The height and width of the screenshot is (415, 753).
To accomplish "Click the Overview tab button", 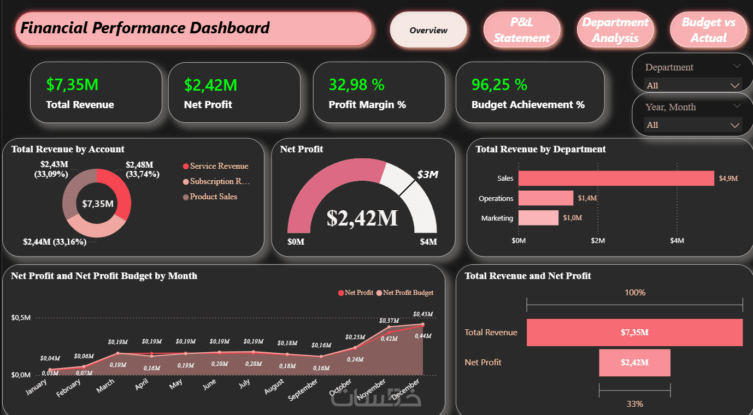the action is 428,29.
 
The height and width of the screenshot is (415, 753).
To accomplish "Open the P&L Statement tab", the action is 522,29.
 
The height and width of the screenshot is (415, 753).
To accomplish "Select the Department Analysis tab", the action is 615,29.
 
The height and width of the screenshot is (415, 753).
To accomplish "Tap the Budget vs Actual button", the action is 708,29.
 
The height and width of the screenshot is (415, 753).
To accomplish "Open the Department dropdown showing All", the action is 693,85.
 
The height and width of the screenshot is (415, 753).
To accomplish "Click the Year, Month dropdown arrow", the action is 735,125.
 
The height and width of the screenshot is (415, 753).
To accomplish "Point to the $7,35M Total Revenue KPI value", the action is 72,84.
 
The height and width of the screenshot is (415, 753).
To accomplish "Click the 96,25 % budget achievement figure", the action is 499,84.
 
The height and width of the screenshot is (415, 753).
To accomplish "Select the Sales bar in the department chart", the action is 616,178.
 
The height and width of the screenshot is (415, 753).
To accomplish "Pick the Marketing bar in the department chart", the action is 538,218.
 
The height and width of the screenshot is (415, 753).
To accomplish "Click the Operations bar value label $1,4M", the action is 587,198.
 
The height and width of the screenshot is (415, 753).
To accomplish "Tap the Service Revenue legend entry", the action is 215,166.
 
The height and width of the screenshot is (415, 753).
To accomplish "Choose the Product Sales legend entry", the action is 210,197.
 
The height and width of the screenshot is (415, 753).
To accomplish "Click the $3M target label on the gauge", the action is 428,174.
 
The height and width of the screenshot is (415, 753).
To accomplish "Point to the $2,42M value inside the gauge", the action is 362,218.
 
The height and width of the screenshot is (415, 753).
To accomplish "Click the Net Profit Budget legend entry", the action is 405,293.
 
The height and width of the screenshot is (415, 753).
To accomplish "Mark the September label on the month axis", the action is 303,390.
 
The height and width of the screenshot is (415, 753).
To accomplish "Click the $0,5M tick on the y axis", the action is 21,318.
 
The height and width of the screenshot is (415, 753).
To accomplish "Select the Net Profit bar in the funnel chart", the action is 634,363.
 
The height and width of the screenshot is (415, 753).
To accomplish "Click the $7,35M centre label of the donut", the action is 98,204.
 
